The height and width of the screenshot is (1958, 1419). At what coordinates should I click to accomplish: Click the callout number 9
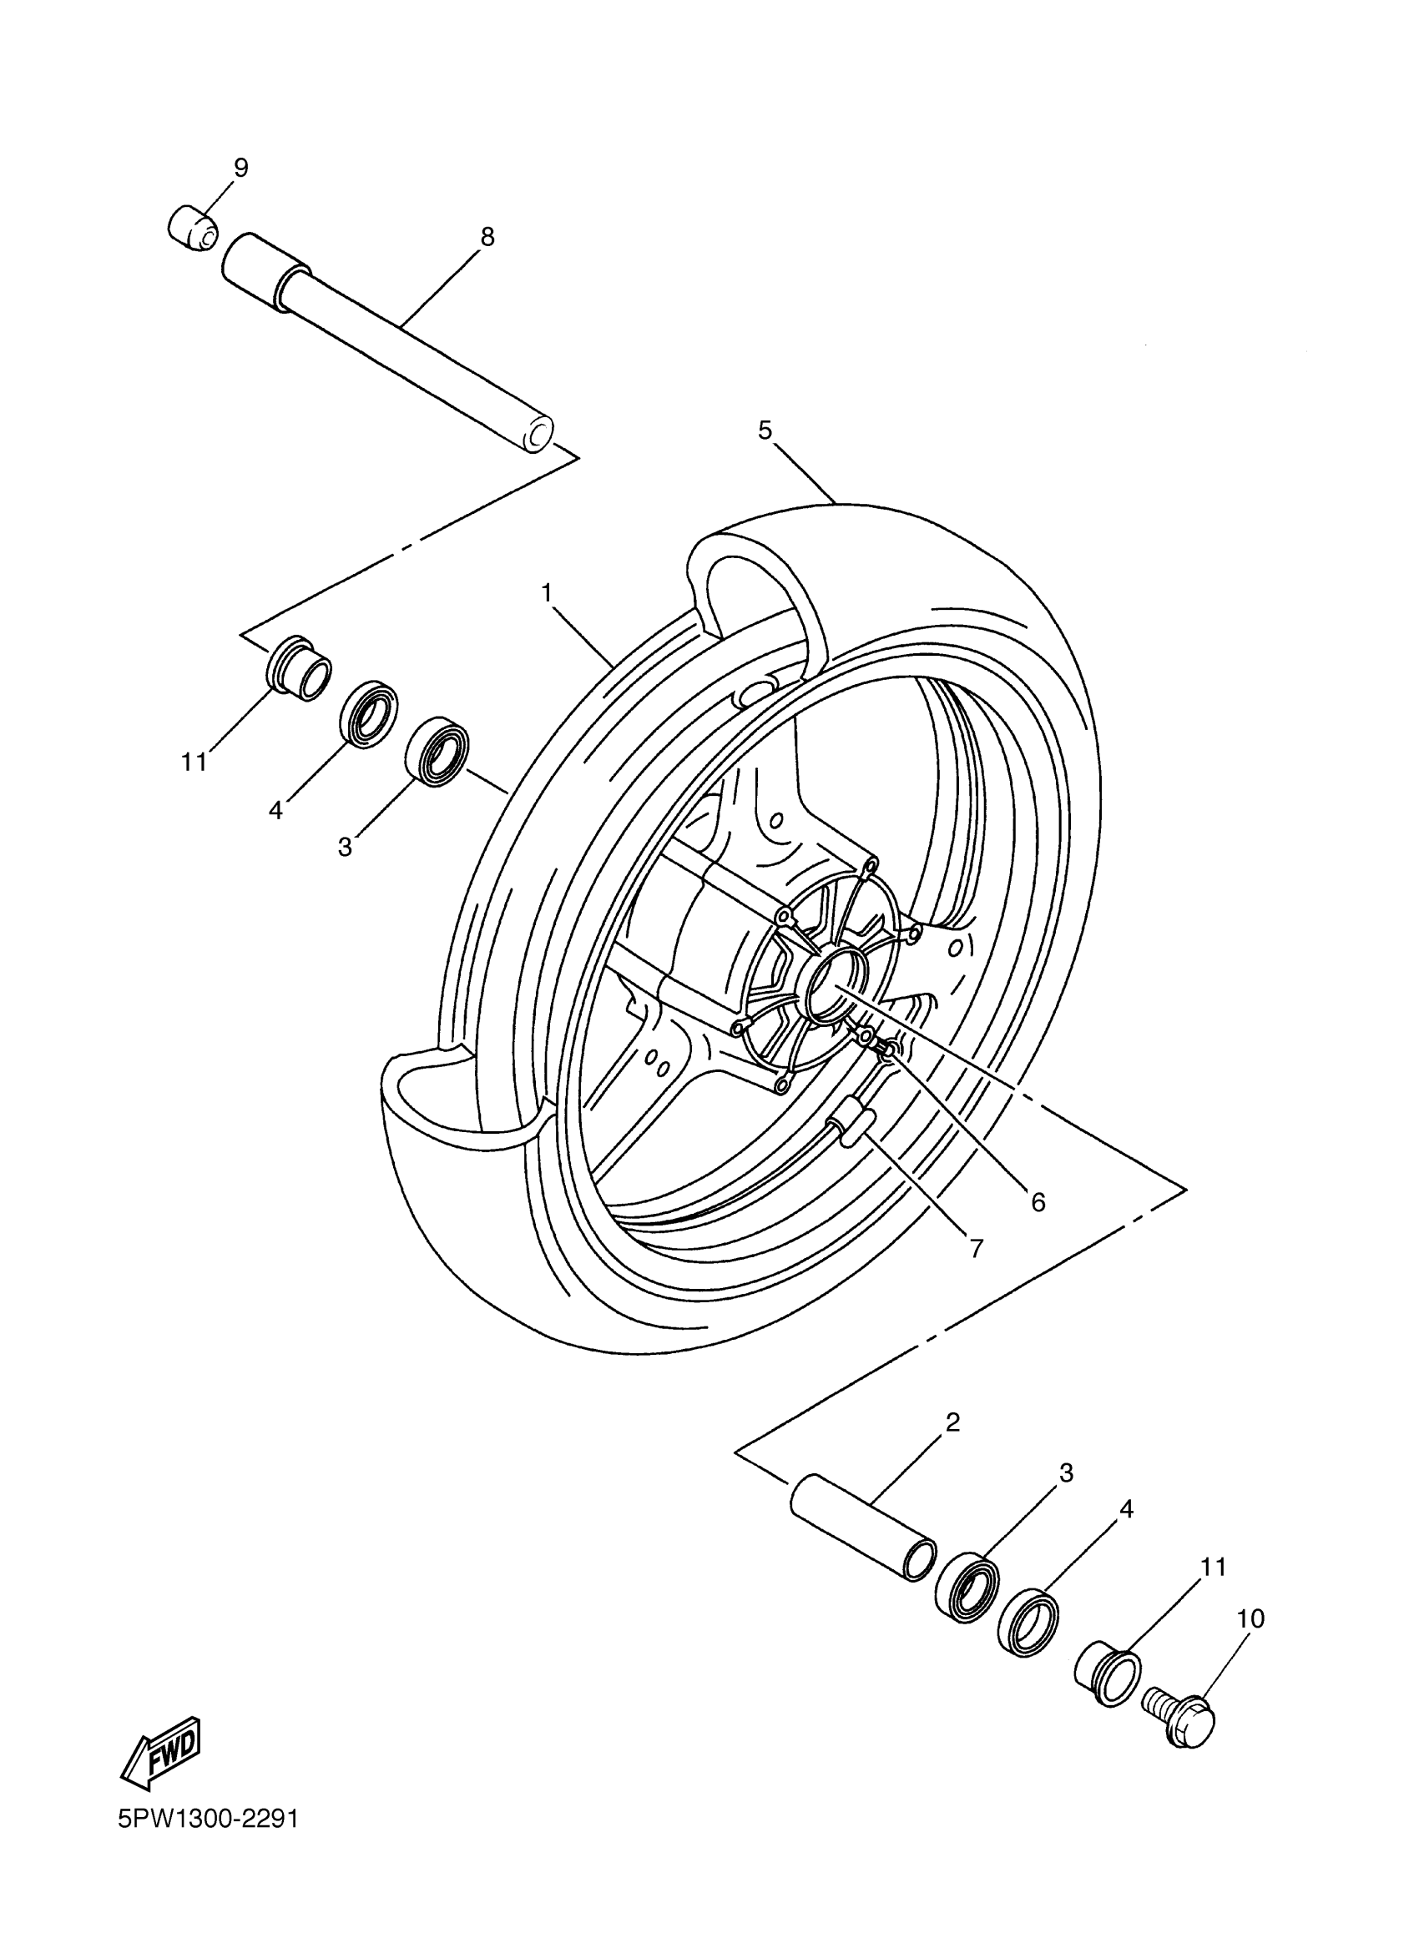click(x=240, y=168)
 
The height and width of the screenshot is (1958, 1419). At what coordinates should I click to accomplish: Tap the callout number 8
click(x=487, y=237)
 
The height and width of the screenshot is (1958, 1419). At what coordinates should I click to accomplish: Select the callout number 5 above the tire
click(x=765, y=430)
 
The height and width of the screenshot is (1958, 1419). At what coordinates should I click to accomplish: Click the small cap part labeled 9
click(x=192, y=228)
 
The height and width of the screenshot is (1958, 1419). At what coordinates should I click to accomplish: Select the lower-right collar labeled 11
click(x=1108, y=1674)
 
